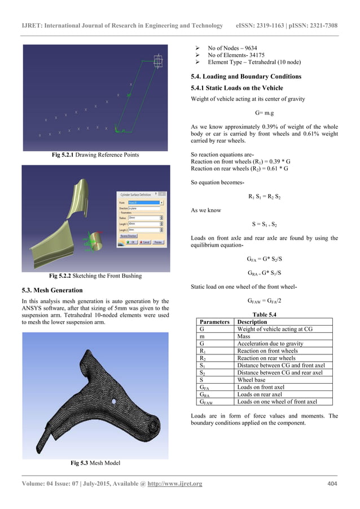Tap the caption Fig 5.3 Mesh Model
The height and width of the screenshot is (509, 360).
95,463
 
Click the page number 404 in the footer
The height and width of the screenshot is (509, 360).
332,484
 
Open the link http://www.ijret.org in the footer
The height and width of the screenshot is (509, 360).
174,484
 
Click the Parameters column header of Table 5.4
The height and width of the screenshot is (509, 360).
214,322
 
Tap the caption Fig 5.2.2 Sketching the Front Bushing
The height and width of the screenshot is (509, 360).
95,277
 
